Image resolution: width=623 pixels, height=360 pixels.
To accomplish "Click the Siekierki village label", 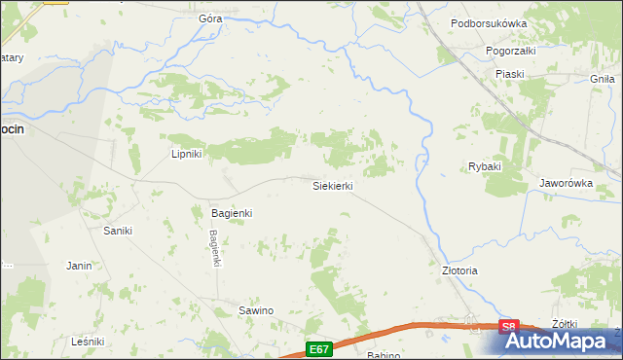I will (x=332, y=185).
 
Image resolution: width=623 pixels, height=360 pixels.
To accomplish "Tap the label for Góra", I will (x=210, y=18).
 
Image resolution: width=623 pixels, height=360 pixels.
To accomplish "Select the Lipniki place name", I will (x=186, y=154).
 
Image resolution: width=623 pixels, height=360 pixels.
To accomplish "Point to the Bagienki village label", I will (x=232, y=212).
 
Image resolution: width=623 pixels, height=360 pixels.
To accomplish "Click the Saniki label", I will (x=118, y=231).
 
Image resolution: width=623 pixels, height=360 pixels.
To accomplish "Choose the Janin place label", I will (x=79, y=265).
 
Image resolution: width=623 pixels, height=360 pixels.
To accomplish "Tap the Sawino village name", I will (x=256, y=310).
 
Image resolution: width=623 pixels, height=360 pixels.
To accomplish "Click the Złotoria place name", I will (x=460, y=270).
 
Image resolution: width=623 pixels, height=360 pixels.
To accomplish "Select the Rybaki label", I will (x=484, y=166).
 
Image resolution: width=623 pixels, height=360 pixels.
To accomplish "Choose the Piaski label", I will (x=509, y=74).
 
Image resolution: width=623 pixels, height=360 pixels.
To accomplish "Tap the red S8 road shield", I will (x=508, y=328).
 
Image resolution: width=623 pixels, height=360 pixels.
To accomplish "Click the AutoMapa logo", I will (x=555, y=342).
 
